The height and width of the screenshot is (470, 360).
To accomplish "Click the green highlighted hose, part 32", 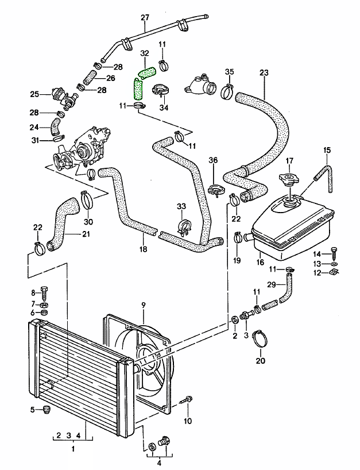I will (140, 86).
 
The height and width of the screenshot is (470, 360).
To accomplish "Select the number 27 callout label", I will (145, 17).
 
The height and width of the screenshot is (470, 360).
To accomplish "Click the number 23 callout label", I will (264, 73).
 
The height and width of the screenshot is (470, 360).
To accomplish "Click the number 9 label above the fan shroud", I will (143, 305).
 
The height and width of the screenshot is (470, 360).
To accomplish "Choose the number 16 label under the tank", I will (260, 262).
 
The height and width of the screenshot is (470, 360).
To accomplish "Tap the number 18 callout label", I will (143, 249).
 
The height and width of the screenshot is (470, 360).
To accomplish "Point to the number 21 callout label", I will (86, 234).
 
